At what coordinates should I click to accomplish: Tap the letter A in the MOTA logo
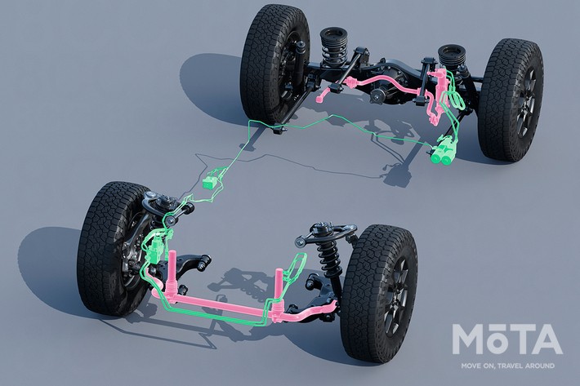[545, 339]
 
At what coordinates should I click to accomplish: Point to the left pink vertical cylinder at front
[172, 266]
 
